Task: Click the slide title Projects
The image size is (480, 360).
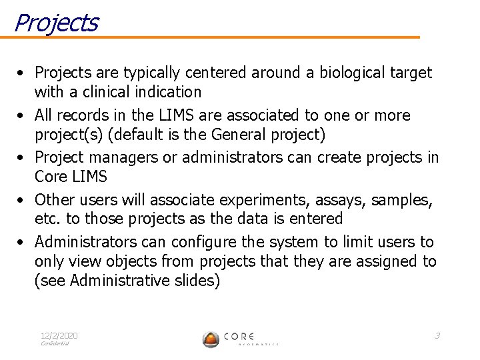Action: [56, 23]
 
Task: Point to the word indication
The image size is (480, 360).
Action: [168, 91]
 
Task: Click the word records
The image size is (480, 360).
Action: [86, 115]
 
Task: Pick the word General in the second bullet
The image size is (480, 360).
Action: [239, 135]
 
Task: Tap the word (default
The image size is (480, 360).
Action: [137, 135]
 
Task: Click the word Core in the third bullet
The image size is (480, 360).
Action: [50, 177]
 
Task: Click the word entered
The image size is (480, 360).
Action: [317, 219]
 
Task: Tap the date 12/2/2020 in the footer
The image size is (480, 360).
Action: [59, 335]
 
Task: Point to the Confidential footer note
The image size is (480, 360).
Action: [55, 343]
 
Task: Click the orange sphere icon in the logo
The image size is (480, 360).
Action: [211, 339]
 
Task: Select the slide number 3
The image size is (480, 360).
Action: [437, 335]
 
